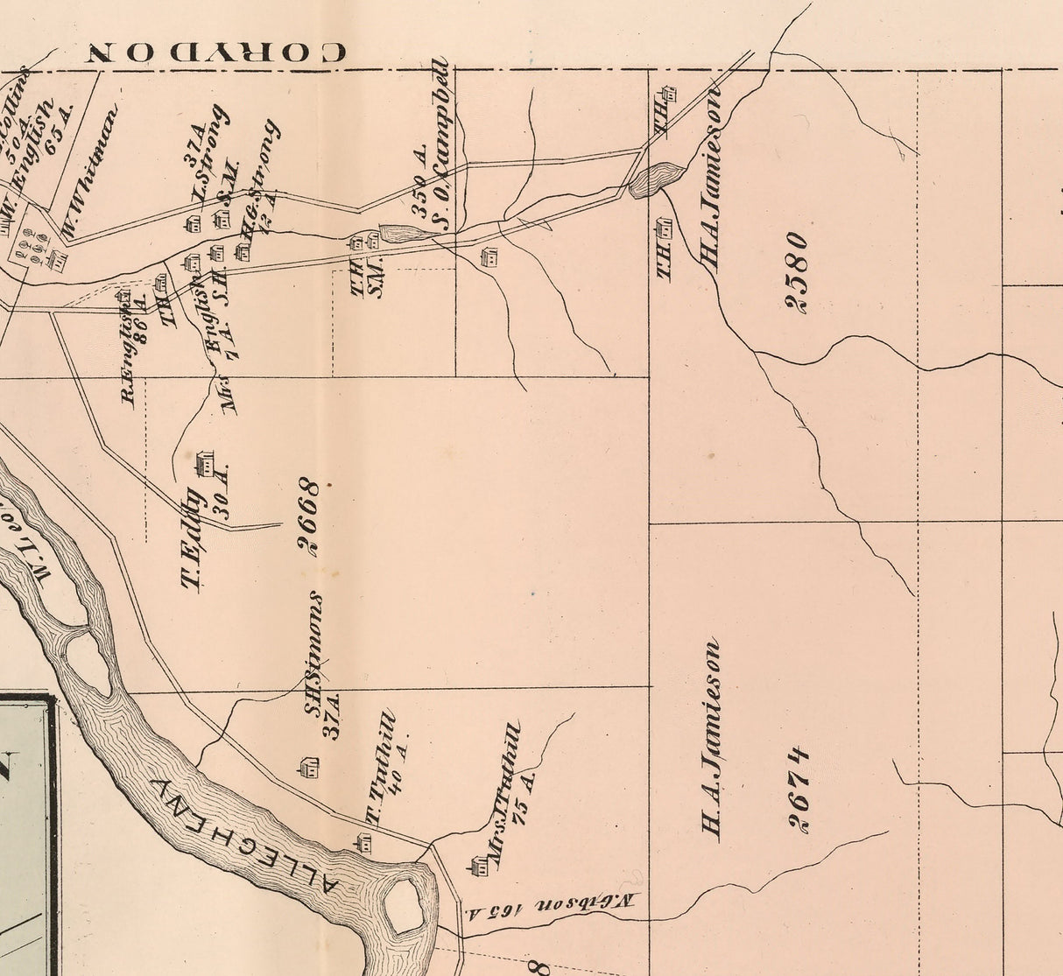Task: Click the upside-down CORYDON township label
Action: (x=218, y=52)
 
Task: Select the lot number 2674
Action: (x=797, y=788)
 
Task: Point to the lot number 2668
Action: (x=307, y=516)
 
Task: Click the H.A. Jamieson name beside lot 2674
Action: (x=710, y=741)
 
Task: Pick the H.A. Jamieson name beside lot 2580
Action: (x=710, y=179)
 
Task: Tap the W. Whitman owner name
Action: (x=89, y=172)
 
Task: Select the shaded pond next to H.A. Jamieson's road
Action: (x=657, y=180)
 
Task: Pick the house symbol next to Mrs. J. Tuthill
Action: (x=479, y=867)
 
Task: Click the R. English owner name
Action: (x=129, y=359)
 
